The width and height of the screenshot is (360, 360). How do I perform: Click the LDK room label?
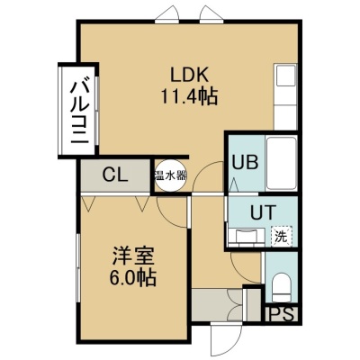coord(189,75)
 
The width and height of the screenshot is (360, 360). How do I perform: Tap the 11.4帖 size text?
coord(189,96)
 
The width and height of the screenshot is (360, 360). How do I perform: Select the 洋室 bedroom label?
coord(133,256)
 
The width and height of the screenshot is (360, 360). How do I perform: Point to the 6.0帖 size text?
coord(132,278)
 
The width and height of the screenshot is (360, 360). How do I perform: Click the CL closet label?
coord(115,175)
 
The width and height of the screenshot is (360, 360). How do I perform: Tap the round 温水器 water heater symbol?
coord(170,176)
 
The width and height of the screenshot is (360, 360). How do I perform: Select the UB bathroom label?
coord(246,163)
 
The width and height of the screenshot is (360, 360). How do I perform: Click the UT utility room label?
coord(263,212)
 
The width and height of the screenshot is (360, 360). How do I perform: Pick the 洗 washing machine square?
coord(282,237)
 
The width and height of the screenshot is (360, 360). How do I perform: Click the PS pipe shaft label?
coord(282,314)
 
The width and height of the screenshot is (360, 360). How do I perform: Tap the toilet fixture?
coord(282,287)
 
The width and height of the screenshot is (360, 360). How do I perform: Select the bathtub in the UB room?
coord(282,163)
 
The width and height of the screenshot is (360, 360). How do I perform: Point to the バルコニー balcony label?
coord(79,110)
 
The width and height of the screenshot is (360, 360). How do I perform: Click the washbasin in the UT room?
coord(247,236)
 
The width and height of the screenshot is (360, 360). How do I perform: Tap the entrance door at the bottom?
coord(227,337)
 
